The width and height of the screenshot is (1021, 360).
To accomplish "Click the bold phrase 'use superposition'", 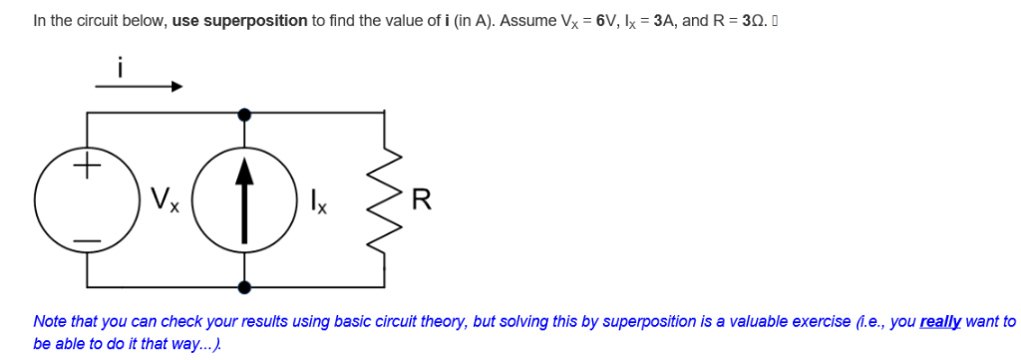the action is (239, 20).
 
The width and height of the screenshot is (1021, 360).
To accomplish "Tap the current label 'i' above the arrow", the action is (120, 67).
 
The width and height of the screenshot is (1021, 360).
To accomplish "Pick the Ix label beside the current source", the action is (319, 199).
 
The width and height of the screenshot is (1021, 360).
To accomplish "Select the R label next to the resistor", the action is (423, 198).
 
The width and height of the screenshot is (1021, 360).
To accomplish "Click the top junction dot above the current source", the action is (244, 114).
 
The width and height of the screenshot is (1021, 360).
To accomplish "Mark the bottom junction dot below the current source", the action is (244, 287).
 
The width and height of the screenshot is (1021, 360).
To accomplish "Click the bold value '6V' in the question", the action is (605, 20).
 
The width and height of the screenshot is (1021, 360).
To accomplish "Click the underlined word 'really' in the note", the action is (940, 322).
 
